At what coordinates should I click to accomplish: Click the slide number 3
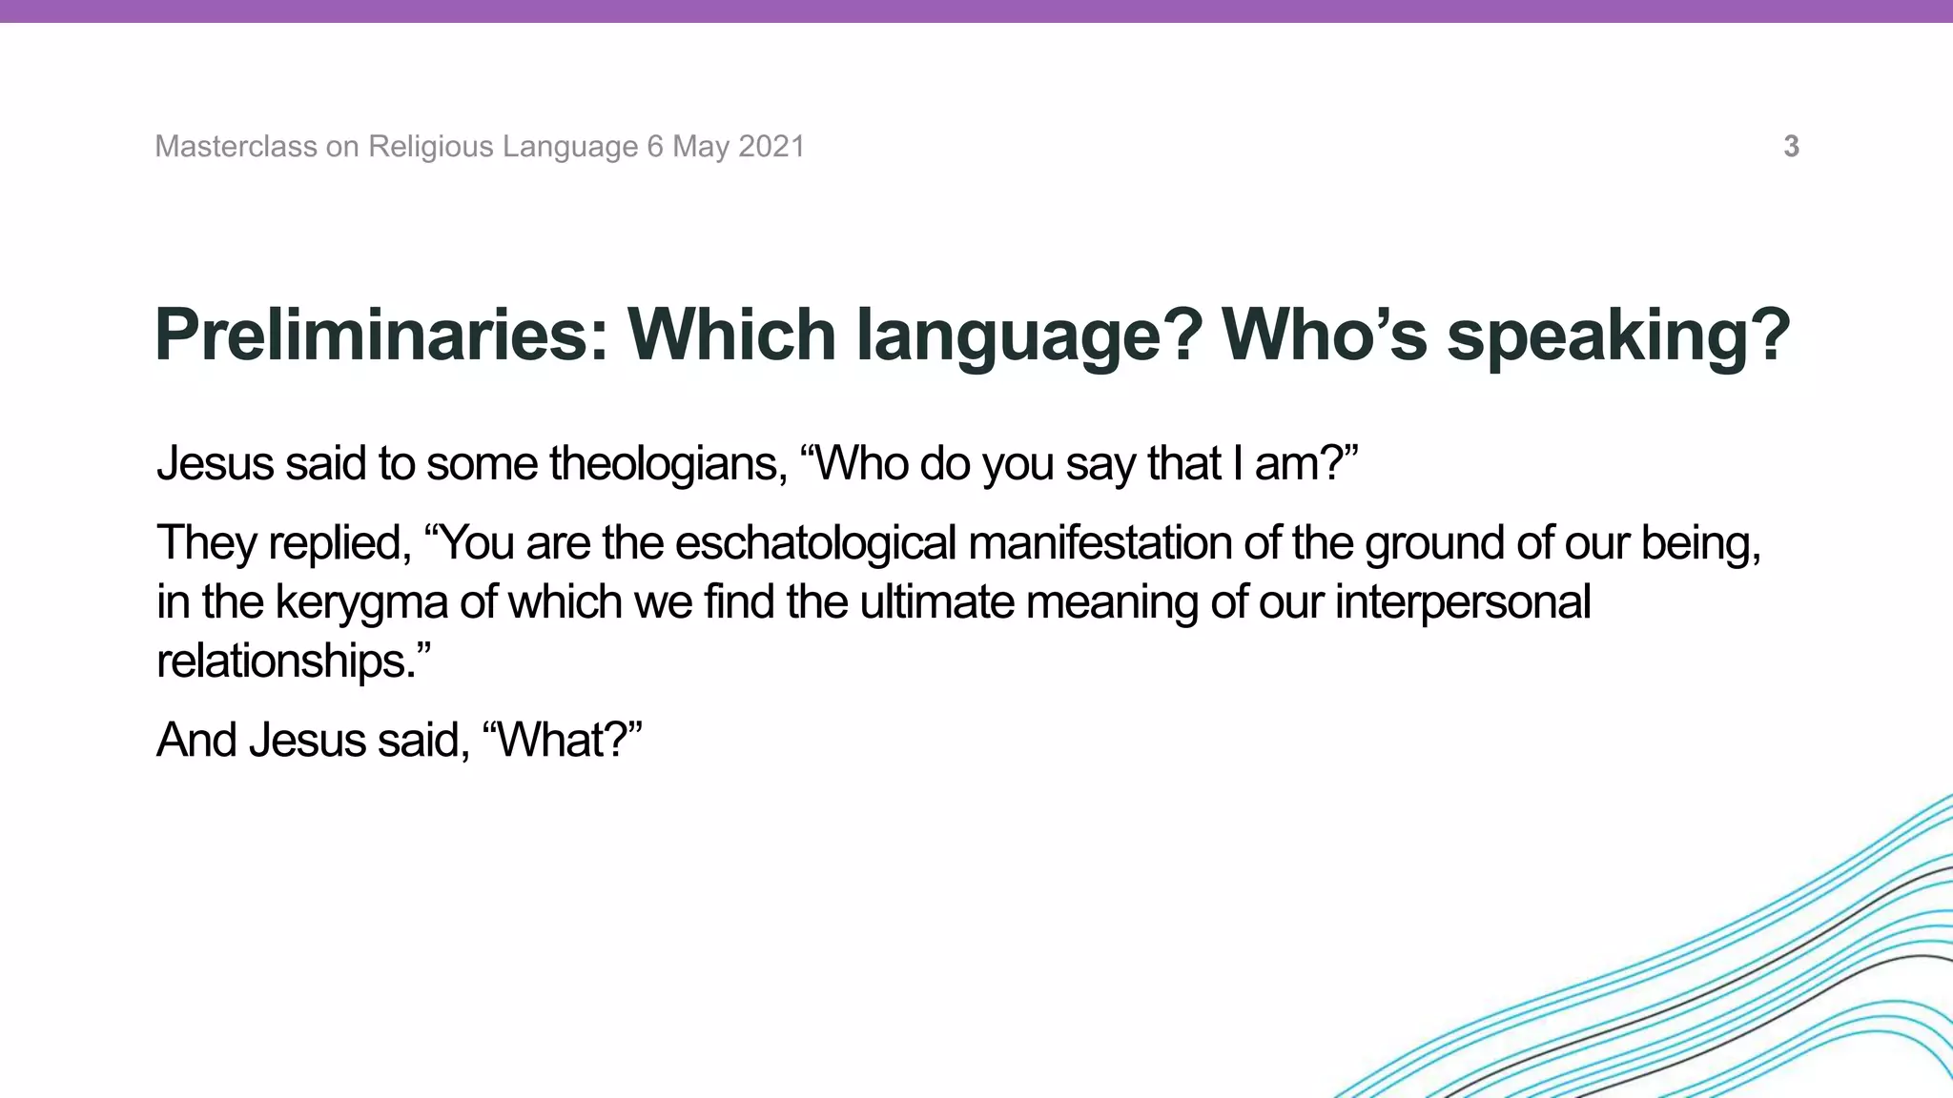[x=1791, y=147]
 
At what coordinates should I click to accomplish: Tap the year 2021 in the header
[x=771, y=147]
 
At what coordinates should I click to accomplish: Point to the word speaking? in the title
[x=1618, y=335]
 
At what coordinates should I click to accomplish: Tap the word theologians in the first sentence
[x=668, y=464]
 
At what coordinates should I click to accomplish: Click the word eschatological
[x=815, y=543]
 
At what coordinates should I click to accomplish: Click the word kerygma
[x=361, y=603]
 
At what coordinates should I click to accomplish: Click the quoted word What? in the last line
[x=563, y=741]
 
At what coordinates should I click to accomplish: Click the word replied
[x=339, y=543]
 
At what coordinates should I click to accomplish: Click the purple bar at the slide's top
[x=976, y=10]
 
